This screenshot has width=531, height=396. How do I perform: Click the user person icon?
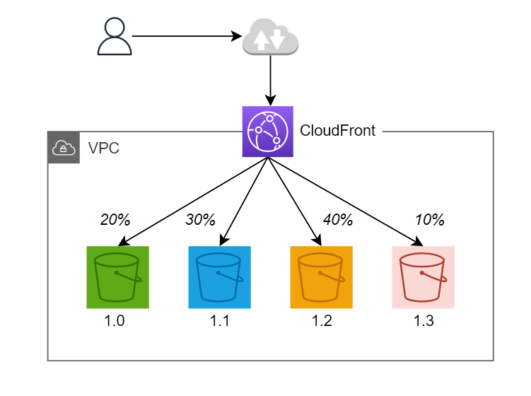point(115,37)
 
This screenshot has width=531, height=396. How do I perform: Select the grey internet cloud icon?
point(270,37)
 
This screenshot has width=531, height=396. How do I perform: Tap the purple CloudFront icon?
point(267,132)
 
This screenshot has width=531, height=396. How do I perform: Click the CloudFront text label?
point(338,131)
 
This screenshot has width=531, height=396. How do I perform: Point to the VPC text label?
point(103,148)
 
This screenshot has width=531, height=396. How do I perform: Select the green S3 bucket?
point(117,278)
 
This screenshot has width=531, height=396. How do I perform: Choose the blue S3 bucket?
point(219,278)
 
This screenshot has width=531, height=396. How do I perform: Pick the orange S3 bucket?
point(321,278)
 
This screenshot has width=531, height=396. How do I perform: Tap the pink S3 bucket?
point(423,278)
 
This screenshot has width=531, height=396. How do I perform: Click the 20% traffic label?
point(115,220)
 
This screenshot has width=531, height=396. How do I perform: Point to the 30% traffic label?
point(200,220)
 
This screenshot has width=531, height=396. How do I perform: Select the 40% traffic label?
point(337,220)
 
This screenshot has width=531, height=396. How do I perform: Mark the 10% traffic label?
point(429,220)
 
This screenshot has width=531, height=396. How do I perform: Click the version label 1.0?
point(115,322)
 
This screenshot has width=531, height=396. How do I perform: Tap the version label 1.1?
point(220,322)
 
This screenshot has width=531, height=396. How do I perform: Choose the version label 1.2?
point(322,322)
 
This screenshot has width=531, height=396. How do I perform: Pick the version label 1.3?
point(424,322)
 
